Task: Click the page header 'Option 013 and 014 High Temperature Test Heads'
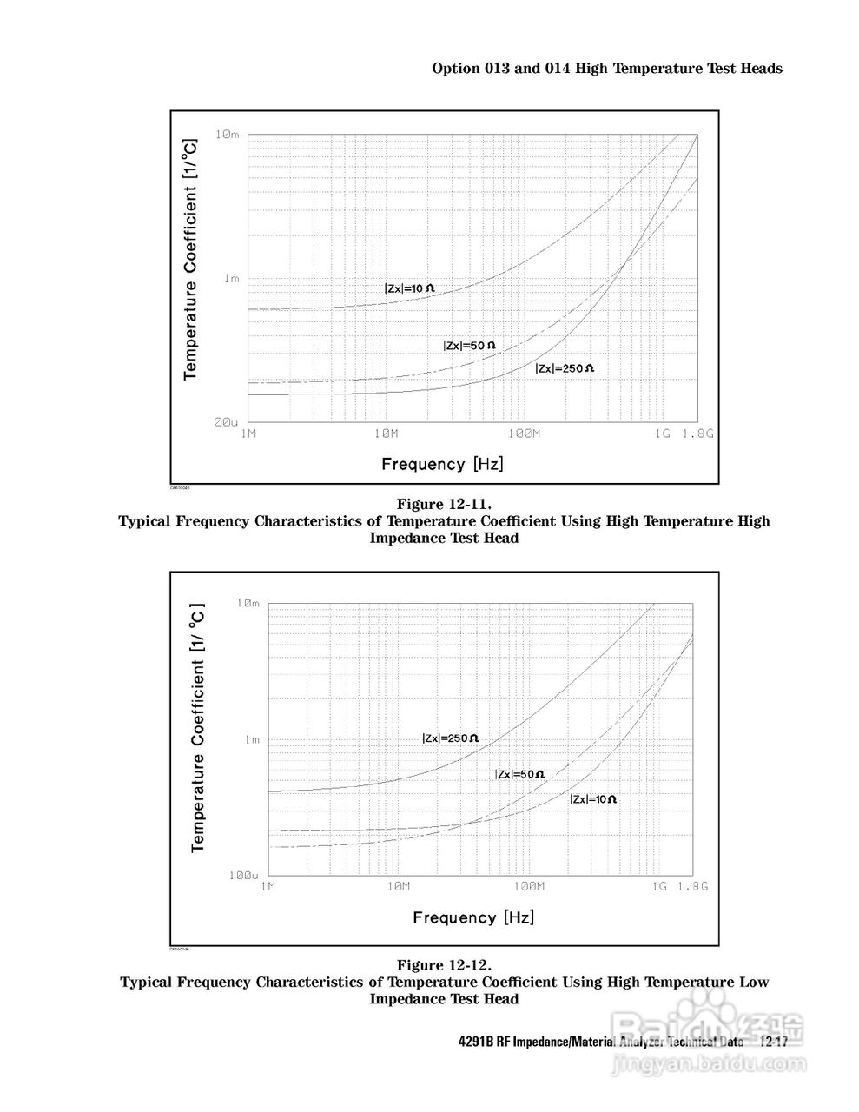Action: pyautogui.click(x=607, y=69)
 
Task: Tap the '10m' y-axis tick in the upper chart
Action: pyautogui.click(x=227, y=135)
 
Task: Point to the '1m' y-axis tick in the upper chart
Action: pyautogui.click(x=231, y=279)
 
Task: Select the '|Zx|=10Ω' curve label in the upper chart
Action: pyautogui.click(x=409, y=288)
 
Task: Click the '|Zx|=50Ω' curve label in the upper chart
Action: pyautogui.click(x=469, y=346)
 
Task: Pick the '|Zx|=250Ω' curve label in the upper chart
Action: pyautogui.click(x=565, y=368)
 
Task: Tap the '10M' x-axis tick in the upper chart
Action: pyautogui.click(x=385, y=434)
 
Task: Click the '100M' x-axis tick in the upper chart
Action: pyautogui.click(x=522, y=434)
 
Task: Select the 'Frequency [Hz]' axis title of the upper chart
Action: pyautogui.click(x=442, y=464)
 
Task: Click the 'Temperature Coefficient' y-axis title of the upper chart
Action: pyautogui.click(x=190, y=261)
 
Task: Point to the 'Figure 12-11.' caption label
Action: pyautogui.click(x=444, y=504)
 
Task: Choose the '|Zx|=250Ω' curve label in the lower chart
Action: pyautogui.click(x=450, y=738)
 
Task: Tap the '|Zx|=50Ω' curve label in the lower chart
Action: pyautogui.click(x=519, y=774)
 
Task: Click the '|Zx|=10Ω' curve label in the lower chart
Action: pyautogui.click(x=593, y=799)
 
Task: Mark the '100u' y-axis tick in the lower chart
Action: pyautogui.click(x=244, y=875)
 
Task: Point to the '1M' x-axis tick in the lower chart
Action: pyautogui.click(x=268, y=887)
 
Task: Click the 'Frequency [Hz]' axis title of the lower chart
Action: pyautogui.click(x=473, y=917)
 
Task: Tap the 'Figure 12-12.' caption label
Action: pyautogui.click(x=444, y=965)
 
